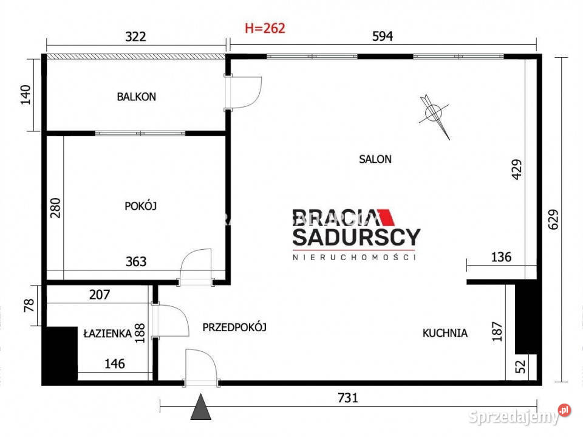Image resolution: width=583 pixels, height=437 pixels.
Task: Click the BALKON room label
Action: (x=137, y=97)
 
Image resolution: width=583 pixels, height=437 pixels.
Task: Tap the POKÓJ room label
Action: (x=140, y=206)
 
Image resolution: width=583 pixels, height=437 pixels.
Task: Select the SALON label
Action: (x=375, y=159)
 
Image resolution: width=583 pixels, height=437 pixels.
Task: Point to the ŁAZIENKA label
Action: (x=107, y=333)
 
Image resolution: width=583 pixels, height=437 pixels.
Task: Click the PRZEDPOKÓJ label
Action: (x=234, y=327)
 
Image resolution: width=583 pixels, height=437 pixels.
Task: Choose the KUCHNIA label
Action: (x=445, y=333)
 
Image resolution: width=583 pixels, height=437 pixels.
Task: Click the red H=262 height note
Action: (x=265, y=29)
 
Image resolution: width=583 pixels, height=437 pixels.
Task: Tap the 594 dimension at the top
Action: (x=383, y=36)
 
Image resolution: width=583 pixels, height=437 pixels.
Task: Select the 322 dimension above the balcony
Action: (x=135, y=36)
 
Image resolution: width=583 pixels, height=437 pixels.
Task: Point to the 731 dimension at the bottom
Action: (x=347, y=398)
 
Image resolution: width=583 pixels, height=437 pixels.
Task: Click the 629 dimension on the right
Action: (x=553, y=219)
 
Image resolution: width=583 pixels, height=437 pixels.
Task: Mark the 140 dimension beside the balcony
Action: (x=26, y=95)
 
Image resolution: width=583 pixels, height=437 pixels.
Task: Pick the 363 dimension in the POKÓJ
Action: (x=136, y=262)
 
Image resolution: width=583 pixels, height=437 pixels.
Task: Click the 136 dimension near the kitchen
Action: (x=501, y=257)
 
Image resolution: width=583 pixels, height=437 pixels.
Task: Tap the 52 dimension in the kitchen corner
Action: (x=521, y=366)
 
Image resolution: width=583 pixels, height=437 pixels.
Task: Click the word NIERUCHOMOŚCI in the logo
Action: (x=354, y=257)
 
